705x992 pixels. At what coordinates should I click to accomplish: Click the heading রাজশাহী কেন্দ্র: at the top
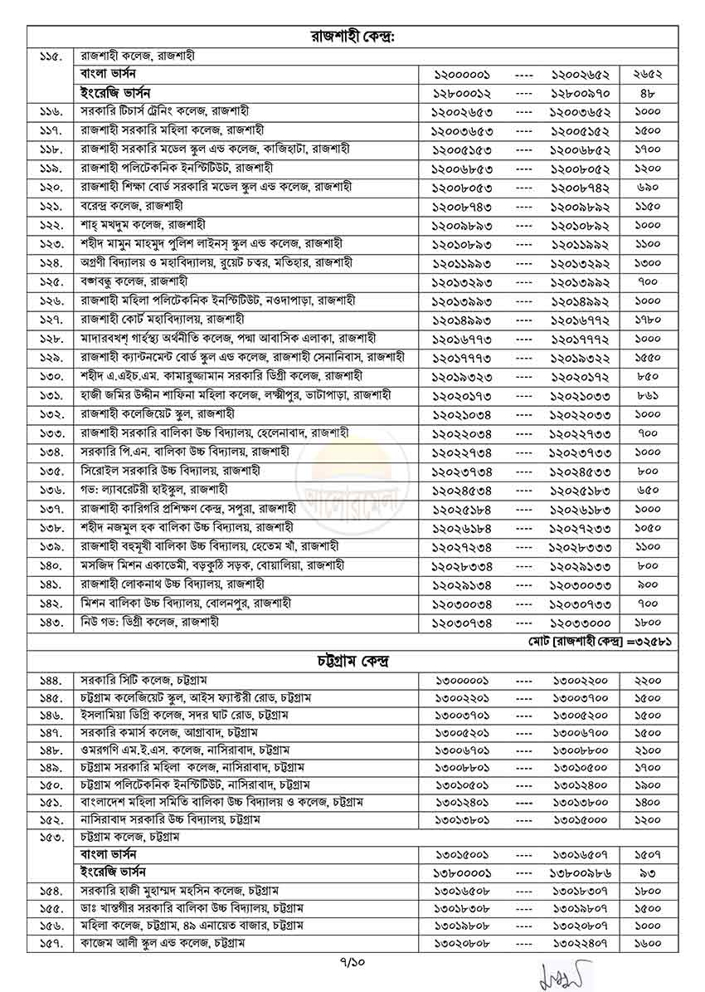point(352,37)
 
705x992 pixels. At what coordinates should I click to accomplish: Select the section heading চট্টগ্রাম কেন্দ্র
point(352,662)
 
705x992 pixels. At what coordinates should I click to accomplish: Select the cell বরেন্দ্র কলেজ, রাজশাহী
point(132,205)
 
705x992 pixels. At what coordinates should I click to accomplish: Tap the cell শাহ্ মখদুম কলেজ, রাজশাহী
point(143,224)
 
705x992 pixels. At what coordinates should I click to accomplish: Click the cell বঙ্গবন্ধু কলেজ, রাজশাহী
point(133,281)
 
